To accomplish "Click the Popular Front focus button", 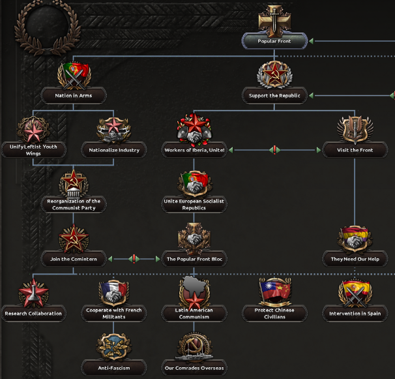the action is click(274, 41).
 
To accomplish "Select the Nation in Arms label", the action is click(73, 96).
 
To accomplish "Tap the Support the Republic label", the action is click(274, 96).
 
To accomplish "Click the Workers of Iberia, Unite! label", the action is click(194, 150).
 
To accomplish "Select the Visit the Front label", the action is click(355, 150).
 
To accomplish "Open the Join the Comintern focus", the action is click(73, 259).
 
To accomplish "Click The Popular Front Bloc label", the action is click(194, 259).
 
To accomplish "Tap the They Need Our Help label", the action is click(355, 259).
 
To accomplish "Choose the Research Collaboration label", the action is click(33, 313).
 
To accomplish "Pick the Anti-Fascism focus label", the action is click(114, 368).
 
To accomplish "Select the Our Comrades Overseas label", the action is click(194, 368).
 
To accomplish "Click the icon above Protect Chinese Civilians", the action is click(274, 293).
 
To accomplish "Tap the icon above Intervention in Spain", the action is click(355, 293).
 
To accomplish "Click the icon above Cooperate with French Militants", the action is click(114, 293).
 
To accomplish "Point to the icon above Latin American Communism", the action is click(194, 292).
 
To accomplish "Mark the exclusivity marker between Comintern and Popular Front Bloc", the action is click(134, 259).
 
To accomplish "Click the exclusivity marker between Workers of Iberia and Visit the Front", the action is click(274, 150).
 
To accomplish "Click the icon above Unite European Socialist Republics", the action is click(194, 183).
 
